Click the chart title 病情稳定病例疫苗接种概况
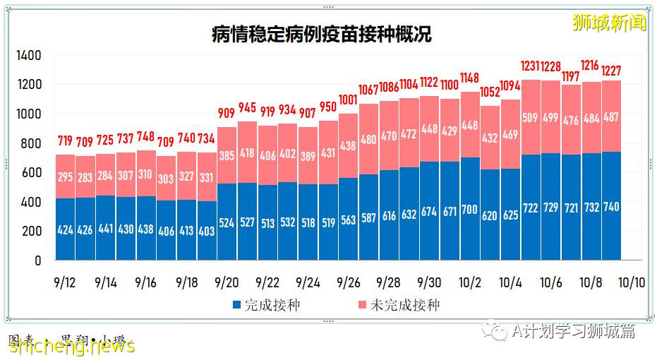click(322, 35)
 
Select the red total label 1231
click(531, 66)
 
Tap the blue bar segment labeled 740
click(612, 206)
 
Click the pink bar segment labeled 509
click(531, 117)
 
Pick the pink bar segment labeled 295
click(65, 176)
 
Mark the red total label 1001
click(349, 100)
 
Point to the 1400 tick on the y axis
click(29, 55)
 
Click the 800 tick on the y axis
click(32, 143)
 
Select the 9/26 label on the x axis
click(349, 282)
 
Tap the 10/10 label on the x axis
click(632, 282)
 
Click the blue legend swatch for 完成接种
click(236, 306)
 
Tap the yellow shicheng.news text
click(71, 345)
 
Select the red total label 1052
click(490, 92)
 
